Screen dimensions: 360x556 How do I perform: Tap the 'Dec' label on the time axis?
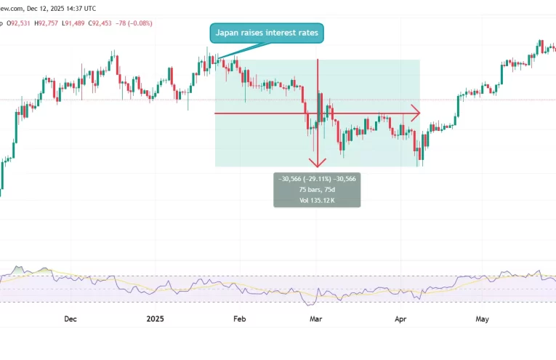click(70, 319)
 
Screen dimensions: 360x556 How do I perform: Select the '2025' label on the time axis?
click(156, 319)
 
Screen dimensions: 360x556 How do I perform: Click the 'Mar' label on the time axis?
click(315, 319)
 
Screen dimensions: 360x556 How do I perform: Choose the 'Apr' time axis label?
click(400, 319)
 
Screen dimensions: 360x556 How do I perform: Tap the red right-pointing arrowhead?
click(416, 113)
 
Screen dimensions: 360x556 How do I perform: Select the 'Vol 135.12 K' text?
click(316, 199)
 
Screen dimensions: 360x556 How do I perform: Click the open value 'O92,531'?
click(17, 23)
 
